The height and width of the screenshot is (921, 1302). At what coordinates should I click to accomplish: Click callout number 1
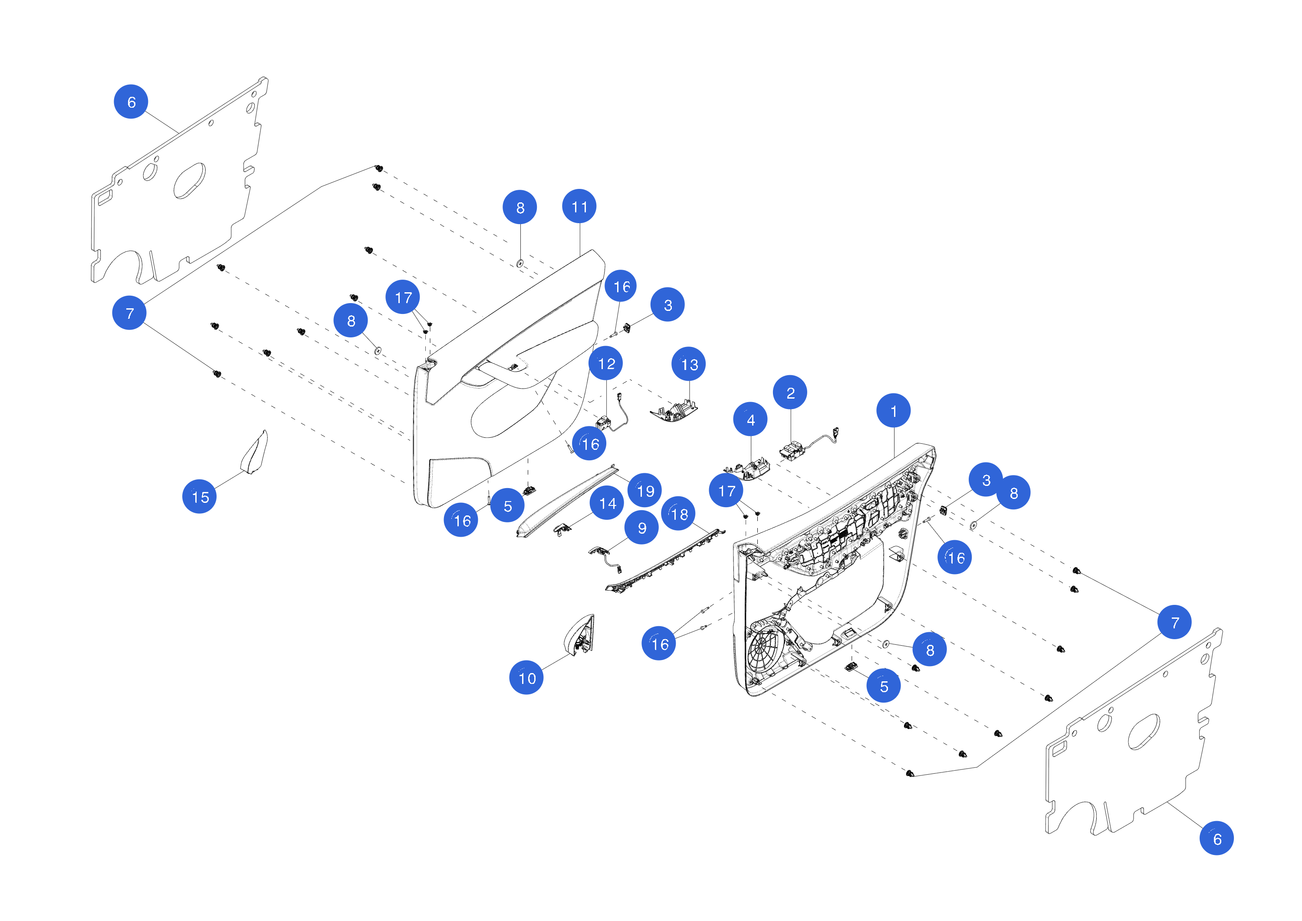pos(893,410)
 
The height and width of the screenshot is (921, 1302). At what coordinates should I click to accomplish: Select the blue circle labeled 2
pos(790,392)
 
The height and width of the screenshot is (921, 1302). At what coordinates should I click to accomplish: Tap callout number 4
pos(750,419)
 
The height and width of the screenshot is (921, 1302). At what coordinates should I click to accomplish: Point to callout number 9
pos(641,528)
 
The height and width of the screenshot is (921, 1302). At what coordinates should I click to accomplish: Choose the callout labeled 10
pos(526,677)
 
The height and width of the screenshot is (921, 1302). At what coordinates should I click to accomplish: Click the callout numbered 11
pos(579,207)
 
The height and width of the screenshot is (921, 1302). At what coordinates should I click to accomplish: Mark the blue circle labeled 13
pos(688,364)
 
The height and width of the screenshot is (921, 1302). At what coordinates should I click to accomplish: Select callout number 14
pos(607,503)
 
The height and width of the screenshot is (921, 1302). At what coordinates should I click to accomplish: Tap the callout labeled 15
pos(200,496)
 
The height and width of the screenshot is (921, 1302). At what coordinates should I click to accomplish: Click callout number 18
pos(678,514)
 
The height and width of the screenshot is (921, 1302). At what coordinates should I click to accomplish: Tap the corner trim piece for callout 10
pos(579,636)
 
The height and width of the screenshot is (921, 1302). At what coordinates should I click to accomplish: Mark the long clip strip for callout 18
pos(664,562)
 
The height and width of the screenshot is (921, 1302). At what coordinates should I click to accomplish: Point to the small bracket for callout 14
pos(562,529)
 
